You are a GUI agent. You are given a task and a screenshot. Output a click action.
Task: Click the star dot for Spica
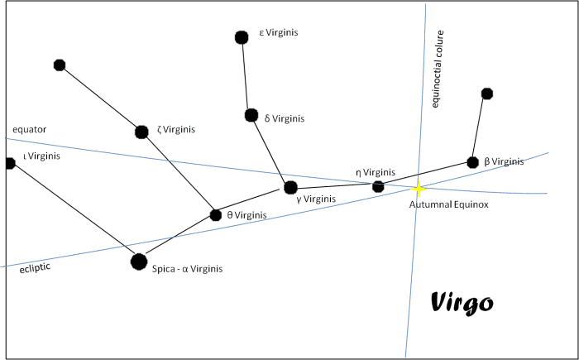pos(139,262)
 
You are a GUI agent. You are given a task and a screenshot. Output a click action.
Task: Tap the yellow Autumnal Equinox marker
pos(419,190)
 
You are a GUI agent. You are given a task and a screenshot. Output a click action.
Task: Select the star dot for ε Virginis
pos(242,37)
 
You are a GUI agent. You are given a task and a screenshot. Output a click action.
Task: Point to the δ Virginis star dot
pos(251,115)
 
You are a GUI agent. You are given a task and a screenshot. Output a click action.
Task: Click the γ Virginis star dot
pos(290,187)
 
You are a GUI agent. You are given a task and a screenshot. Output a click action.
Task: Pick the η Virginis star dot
pos(378,186)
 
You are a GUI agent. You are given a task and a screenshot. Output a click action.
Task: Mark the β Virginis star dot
pos(472,162)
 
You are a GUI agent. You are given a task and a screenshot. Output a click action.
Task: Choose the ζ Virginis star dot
pos(141,132)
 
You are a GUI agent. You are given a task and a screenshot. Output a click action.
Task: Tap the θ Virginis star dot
pos(216,215)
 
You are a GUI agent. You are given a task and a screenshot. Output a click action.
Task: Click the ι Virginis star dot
pos(10,163)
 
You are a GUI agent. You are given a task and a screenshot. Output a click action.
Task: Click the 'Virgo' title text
pos(462,303)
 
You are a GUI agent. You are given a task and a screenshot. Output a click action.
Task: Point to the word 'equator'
pos(30,129)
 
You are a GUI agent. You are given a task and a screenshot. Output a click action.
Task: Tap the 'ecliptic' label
pos(35,268)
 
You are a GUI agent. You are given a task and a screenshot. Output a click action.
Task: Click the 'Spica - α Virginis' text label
pos(187,269)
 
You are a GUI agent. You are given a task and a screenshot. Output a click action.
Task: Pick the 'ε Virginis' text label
pos(278,33)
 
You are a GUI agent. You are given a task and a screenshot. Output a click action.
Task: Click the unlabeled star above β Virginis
pos(487,94)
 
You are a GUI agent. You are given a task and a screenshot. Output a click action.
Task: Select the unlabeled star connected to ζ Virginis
pos(59,65)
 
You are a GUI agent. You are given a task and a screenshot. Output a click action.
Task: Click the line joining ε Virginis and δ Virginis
pos(246,76)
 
